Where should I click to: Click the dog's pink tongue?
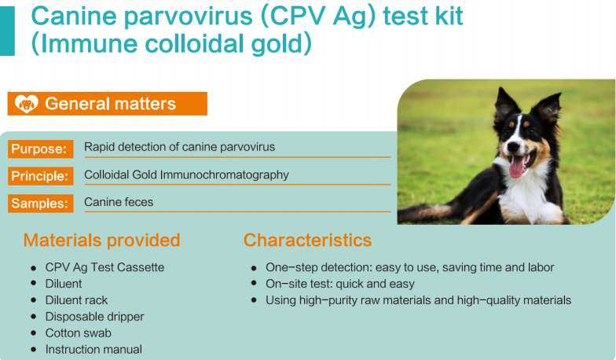tap(517, 167)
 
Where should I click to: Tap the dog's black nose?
tap(513, 146)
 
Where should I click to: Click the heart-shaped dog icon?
tap(27, 104)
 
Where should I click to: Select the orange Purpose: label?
tap(41, 149)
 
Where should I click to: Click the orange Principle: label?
tap(41, 176)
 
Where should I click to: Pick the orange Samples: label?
tap(41, 203)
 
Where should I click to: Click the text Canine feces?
tap(119, 202)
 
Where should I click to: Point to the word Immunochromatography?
tap(225, 174)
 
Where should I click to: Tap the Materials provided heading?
tap(102, 241)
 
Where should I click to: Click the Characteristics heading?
tap(308, 241)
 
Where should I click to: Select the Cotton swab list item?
tap(79, 333)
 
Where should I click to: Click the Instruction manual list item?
tap(93, 349)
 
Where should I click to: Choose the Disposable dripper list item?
tap(94, 316)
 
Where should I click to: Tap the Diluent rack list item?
tap(76, 300)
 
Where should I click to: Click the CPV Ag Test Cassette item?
tap(104, 267)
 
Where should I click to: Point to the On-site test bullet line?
tap(339, 284)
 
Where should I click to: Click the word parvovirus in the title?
tap(187, 17)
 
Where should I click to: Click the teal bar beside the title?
tap(7, 31)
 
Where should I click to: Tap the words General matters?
tap(110, 104)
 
